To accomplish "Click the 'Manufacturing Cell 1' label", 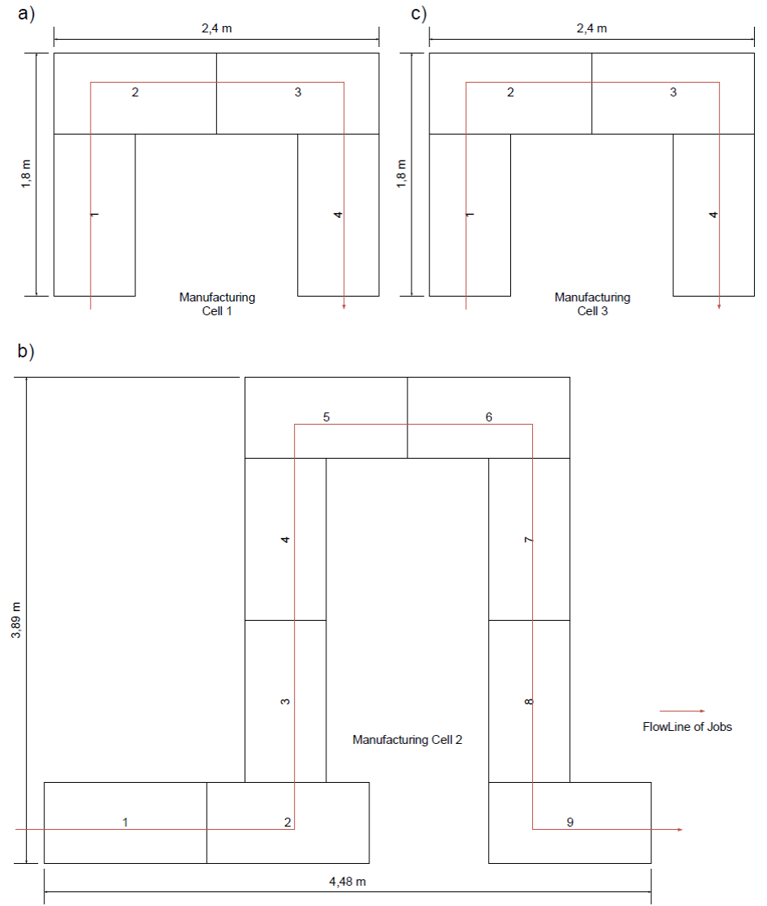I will (216, 304).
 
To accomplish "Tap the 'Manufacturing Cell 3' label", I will (592, 304).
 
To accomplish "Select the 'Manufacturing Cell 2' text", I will (407, 740).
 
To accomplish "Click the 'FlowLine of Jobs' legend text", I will (687, 727).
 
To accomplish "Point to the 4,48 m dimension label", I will (347, 882).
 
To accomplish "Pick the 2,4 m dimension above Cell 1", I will (216, 28).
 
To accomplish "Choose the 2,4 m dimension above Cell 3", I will (591, 28).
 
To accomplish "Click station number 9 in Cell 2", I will (569, 823).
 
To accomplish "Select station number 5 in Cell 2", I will (326, 417).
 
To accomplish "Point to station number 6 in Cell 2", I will (488, 417).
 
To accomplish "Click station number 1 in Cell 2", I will (125, 823).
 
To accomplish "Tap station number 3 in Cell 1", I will (297, 92).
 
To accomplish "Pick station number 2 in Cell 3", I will (510, 92).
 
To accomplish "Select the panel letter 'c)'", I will (419, 14).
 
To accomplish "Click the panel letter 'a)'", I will (27, 14).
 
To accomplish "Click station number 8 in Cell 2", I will (529, 701).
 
